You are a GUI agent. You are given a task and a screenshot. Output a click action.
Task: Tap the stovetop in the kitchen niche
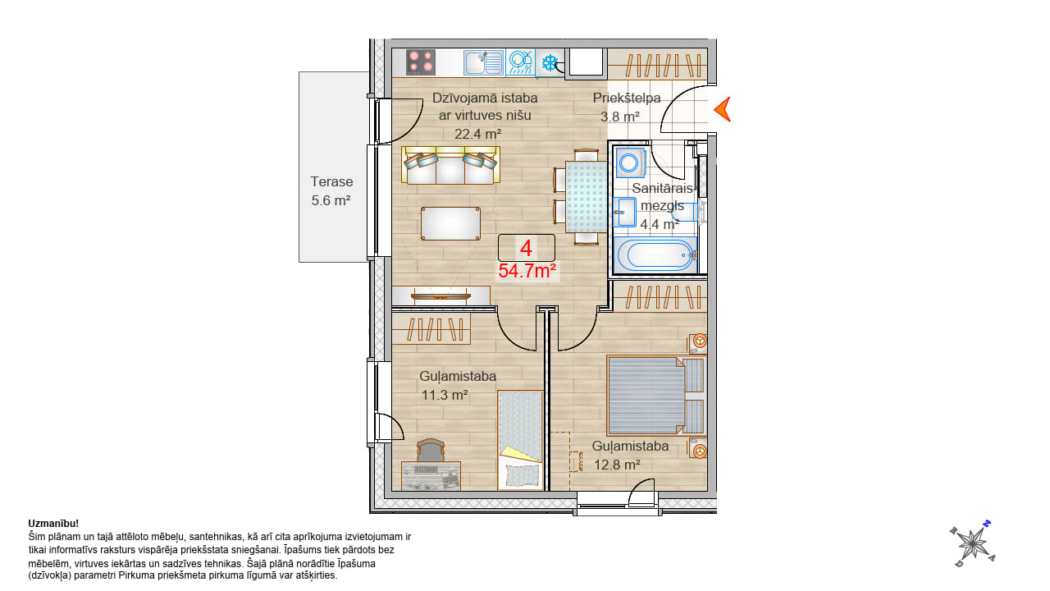tap(421, 62)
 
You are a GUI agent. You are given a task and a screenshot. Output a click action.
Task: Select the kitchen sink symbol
tap(484, 63)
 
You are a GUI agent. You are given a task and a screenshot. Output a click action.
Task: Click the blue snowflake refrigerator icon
tap(550, 63)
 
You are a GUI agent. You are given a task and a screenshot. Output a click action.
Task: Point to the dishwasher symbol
tap(520, 63)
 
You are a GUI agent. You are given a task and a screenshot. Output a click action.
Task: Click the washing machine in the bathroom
tap(631, 163)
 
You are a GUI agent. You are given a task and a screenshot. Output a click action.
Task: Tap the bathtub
tap(655, 255)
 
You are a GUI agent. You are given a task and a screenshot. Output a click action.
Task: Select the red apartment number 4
tap(526, 248)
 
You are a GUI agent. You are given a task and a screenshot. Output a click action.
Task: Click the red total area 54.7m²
tap(527, 271)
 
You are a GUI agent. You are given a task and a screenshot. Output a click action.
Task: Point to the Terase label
tap(331, 181)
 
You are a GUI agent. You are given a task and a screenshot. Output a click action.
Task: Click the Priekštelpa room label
tap(627, 98)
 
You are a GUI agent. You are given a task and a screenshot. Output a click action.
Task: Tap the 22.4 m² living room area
tap(477, 134)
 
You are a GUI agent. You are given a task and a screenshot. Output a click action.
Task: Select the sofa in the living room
tap(450, 165)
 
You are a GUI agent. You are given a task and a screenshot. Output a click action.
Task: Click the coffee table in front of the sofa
tap(450, 224)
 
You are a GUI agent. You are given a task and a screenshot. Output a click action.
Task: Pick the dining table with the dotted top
tap(586, 197)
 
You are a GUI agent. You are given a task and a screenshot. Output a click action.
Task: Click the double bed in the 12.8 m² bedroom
tap(655, 396)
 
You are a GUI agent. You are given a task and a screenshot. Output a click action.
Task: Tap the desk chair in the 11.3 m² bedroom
tap(431, 451)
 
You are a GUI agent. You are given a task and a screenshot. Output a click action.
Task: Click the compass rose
tap(973, 543)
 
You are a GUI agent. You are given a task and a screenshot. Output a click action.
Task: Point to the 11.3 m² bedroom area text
tap(445, 396)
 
